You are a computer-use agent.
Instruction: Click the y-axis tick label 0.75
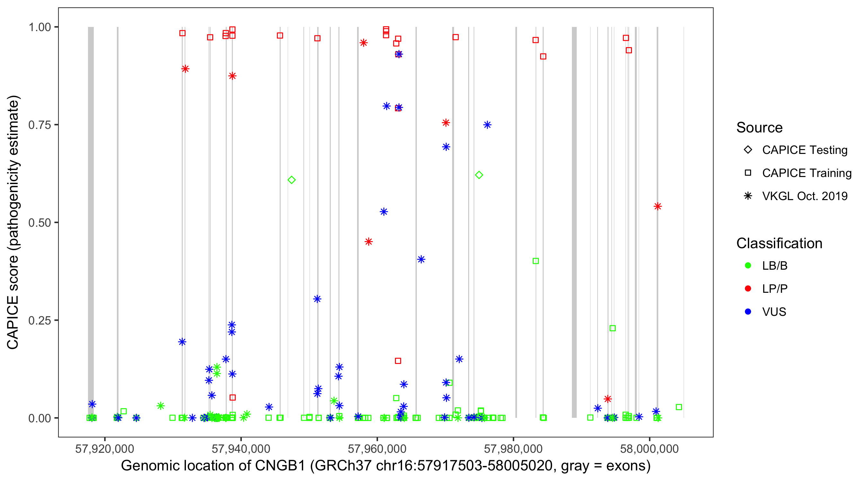click(39, 125)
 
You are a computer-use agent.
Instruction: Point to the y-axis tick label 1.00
click(39, 27)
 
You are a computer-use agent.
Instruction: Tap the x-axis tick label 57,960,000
click(377, 449)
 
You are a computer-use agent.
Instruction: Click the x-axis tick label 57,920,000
click(105, 449)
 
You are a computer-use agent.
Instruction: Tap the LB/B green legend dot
click(748, 266)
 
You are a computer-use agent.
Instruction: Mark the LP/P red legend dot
click(748, 289)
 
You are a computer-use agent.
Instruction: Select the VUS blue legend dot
click(748, 312)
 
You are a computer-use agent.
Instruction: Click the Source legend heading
click(759, 128)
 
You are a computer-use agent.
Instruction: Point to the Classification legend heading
click(779, 243)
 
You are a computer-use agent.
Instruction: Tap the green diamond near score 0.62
click(479, 175)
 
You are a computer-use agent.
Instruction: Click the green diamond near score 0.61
click(292, 180)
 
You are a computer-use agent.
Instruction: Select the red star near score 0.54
click(658, 207)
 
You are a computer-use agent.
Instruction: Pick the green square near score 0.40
click(536, 261)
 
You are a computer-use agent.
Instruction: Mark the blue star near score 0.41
click(421, 259)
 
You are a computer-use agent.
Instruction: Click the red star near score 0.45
click(369, 242)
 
